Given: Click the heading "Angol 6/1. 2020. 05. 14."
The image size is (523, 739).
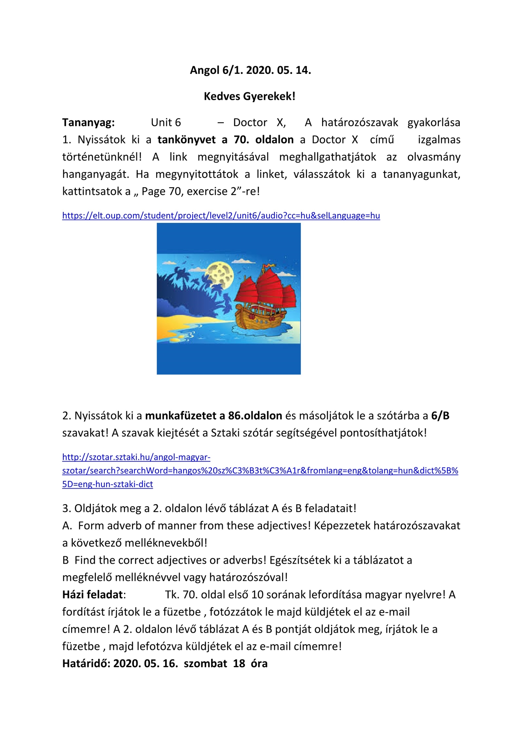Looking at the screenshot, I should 250,70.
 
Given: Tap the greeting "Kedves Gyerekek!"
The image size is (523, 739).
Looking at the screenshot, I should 249,96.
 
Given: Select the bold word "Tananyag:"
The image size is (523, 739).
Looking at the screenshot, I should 88,122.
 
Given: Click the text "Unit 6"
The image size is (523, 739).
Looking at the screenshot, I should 166,122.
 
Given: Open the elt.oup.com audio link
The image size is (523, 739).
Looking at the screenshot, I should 221,216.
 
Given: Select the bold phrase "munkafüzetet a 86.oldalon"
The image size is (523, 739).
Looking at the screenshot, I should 213,416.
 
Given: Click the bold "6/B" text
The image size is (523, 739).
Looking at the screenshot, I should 440,416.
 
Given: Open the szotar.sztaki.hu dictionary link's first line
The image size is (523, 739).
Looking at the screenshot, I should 136,457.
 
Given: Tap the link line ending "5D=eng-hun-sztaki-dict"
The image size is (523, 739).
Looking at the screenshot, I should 108,484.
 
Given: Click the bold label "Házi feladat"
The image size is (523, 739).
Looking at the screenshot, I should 93,594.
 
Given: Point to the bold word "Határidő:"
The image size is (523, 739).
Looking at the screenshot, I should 86,663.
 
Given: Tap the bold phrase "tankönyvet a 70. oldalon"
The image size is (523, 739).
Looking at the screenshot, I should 226,140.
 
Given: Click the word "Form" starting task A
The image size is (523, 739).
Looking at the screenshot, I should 90,526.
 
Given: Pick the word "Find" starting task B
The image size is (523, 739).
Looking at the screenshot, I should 85,560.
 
